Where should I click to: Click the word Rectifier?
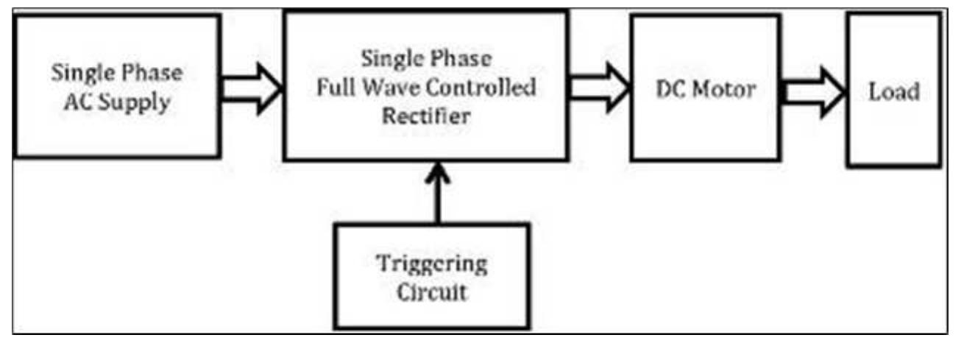pos(425,115)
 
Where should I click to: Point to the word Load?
pos(893,92)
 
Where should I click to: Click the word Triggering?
pos(432,264)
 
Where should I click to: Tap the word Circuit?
pos(432,292)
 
